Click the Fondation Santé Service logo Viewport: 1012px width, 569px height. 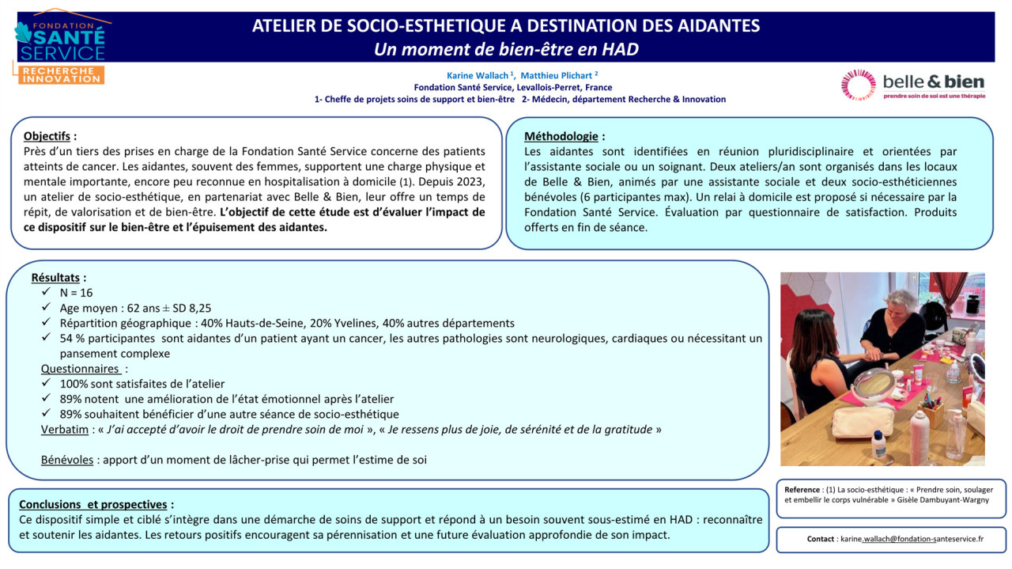61,47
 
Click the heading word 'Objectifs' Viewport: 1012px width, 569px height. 47,135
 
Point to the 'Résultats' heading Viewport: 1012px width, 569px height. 55,278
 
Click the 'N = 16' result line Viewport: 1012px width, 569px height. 76,293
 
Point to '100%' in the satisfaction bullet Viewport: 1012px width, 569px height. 75,384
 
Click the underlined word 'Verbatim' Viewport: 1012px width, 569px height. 65,430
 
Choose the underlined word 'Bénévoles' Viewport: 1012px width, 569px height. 67,460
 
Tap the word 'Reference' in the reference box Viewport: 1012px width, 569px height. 802,490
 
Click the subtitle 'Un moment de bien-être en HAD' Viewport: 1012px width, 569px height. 506,49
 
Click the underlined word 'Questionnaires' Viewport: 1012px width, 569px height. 80,369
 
